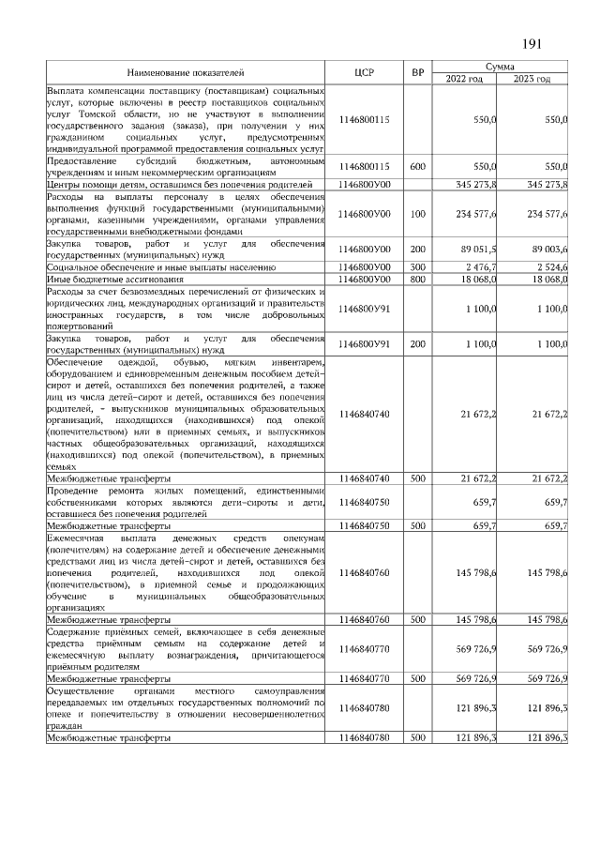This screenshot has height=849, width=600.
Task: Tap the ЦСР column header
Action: [x=365, y=72]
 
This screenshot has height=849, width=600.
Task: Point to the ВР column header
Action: [x=417, y=72]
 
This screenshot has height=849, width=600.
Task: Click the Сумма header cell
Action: [x=501, y=67]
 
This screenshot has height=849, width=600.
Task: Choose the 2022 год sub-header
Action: [x=464, y=79]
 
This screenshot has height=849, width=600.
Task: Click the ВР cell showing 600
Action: [x=417, y=166]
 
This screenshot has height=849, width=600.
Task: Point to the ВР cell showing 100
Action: [x=417, y=214]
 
